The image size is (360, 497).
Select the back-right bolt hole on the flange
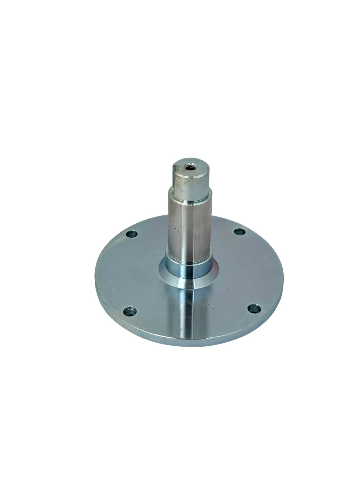point(238,231)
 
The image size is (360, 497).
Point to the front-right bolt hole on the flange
point(255,308)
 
